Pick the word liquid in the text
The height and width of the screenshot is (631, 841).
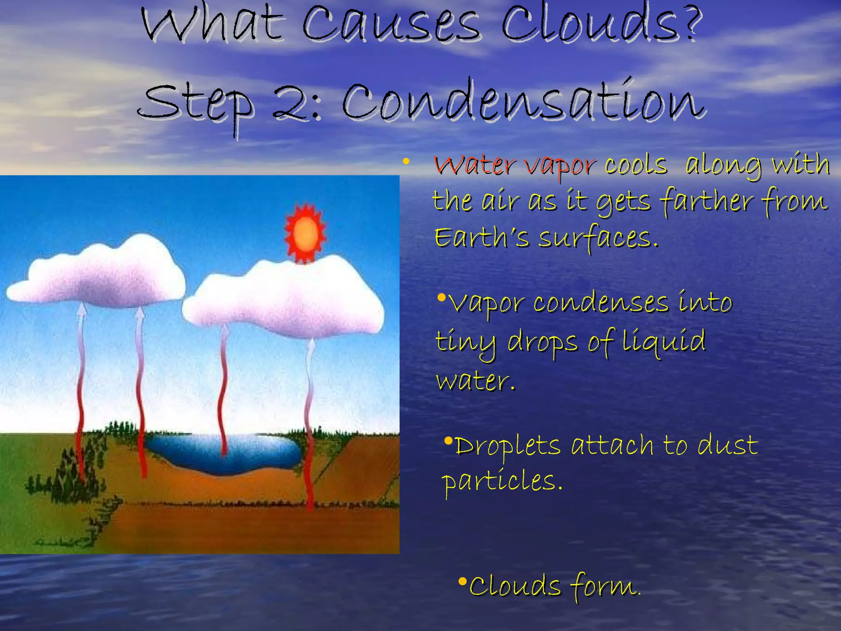663,341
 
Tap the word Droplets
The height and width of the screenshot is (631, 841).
508,446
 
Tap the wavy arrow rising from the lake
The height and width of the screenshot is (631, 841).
224,390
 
